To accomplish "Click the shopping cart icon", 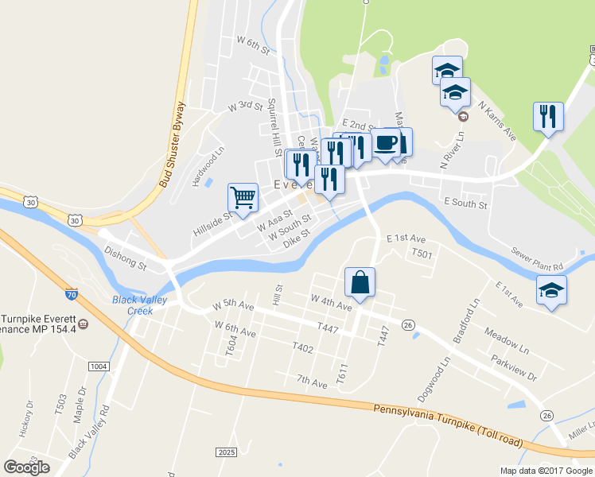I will (x=243, y=196).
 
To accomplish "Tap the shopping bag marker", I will (x=360, y=282).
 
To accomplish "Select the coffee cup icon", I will (x=386, y=143).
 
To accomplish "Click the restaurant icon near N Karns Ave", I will (x=548, y=117).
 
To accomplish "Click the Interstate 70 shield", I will (x=71, y=294).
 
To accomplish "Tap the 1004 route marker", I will (x=98, y=366).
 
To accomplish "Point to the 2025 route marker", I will (x=227, y=452).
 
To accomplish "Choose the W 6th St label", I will (x=254, y=42).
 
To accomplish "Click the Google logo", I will (x=26, y=467).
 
